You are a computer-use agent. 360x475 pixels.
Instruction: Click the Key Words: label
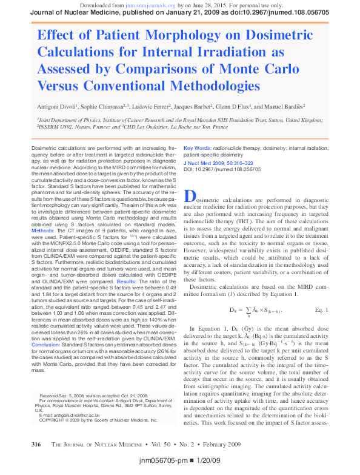click(214, 147)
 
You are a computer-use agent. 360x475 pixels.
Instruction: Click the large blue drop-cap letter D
click(190, 197)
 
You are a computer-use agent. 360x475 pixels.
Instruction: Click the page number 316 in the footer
click(36, 445)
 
